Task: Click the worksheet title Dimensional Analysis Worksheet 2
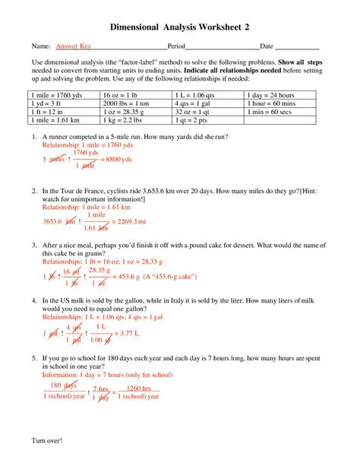(180, 27)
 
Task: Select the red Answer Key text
(74, 46)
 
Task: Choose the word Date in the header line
(267, 46)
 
